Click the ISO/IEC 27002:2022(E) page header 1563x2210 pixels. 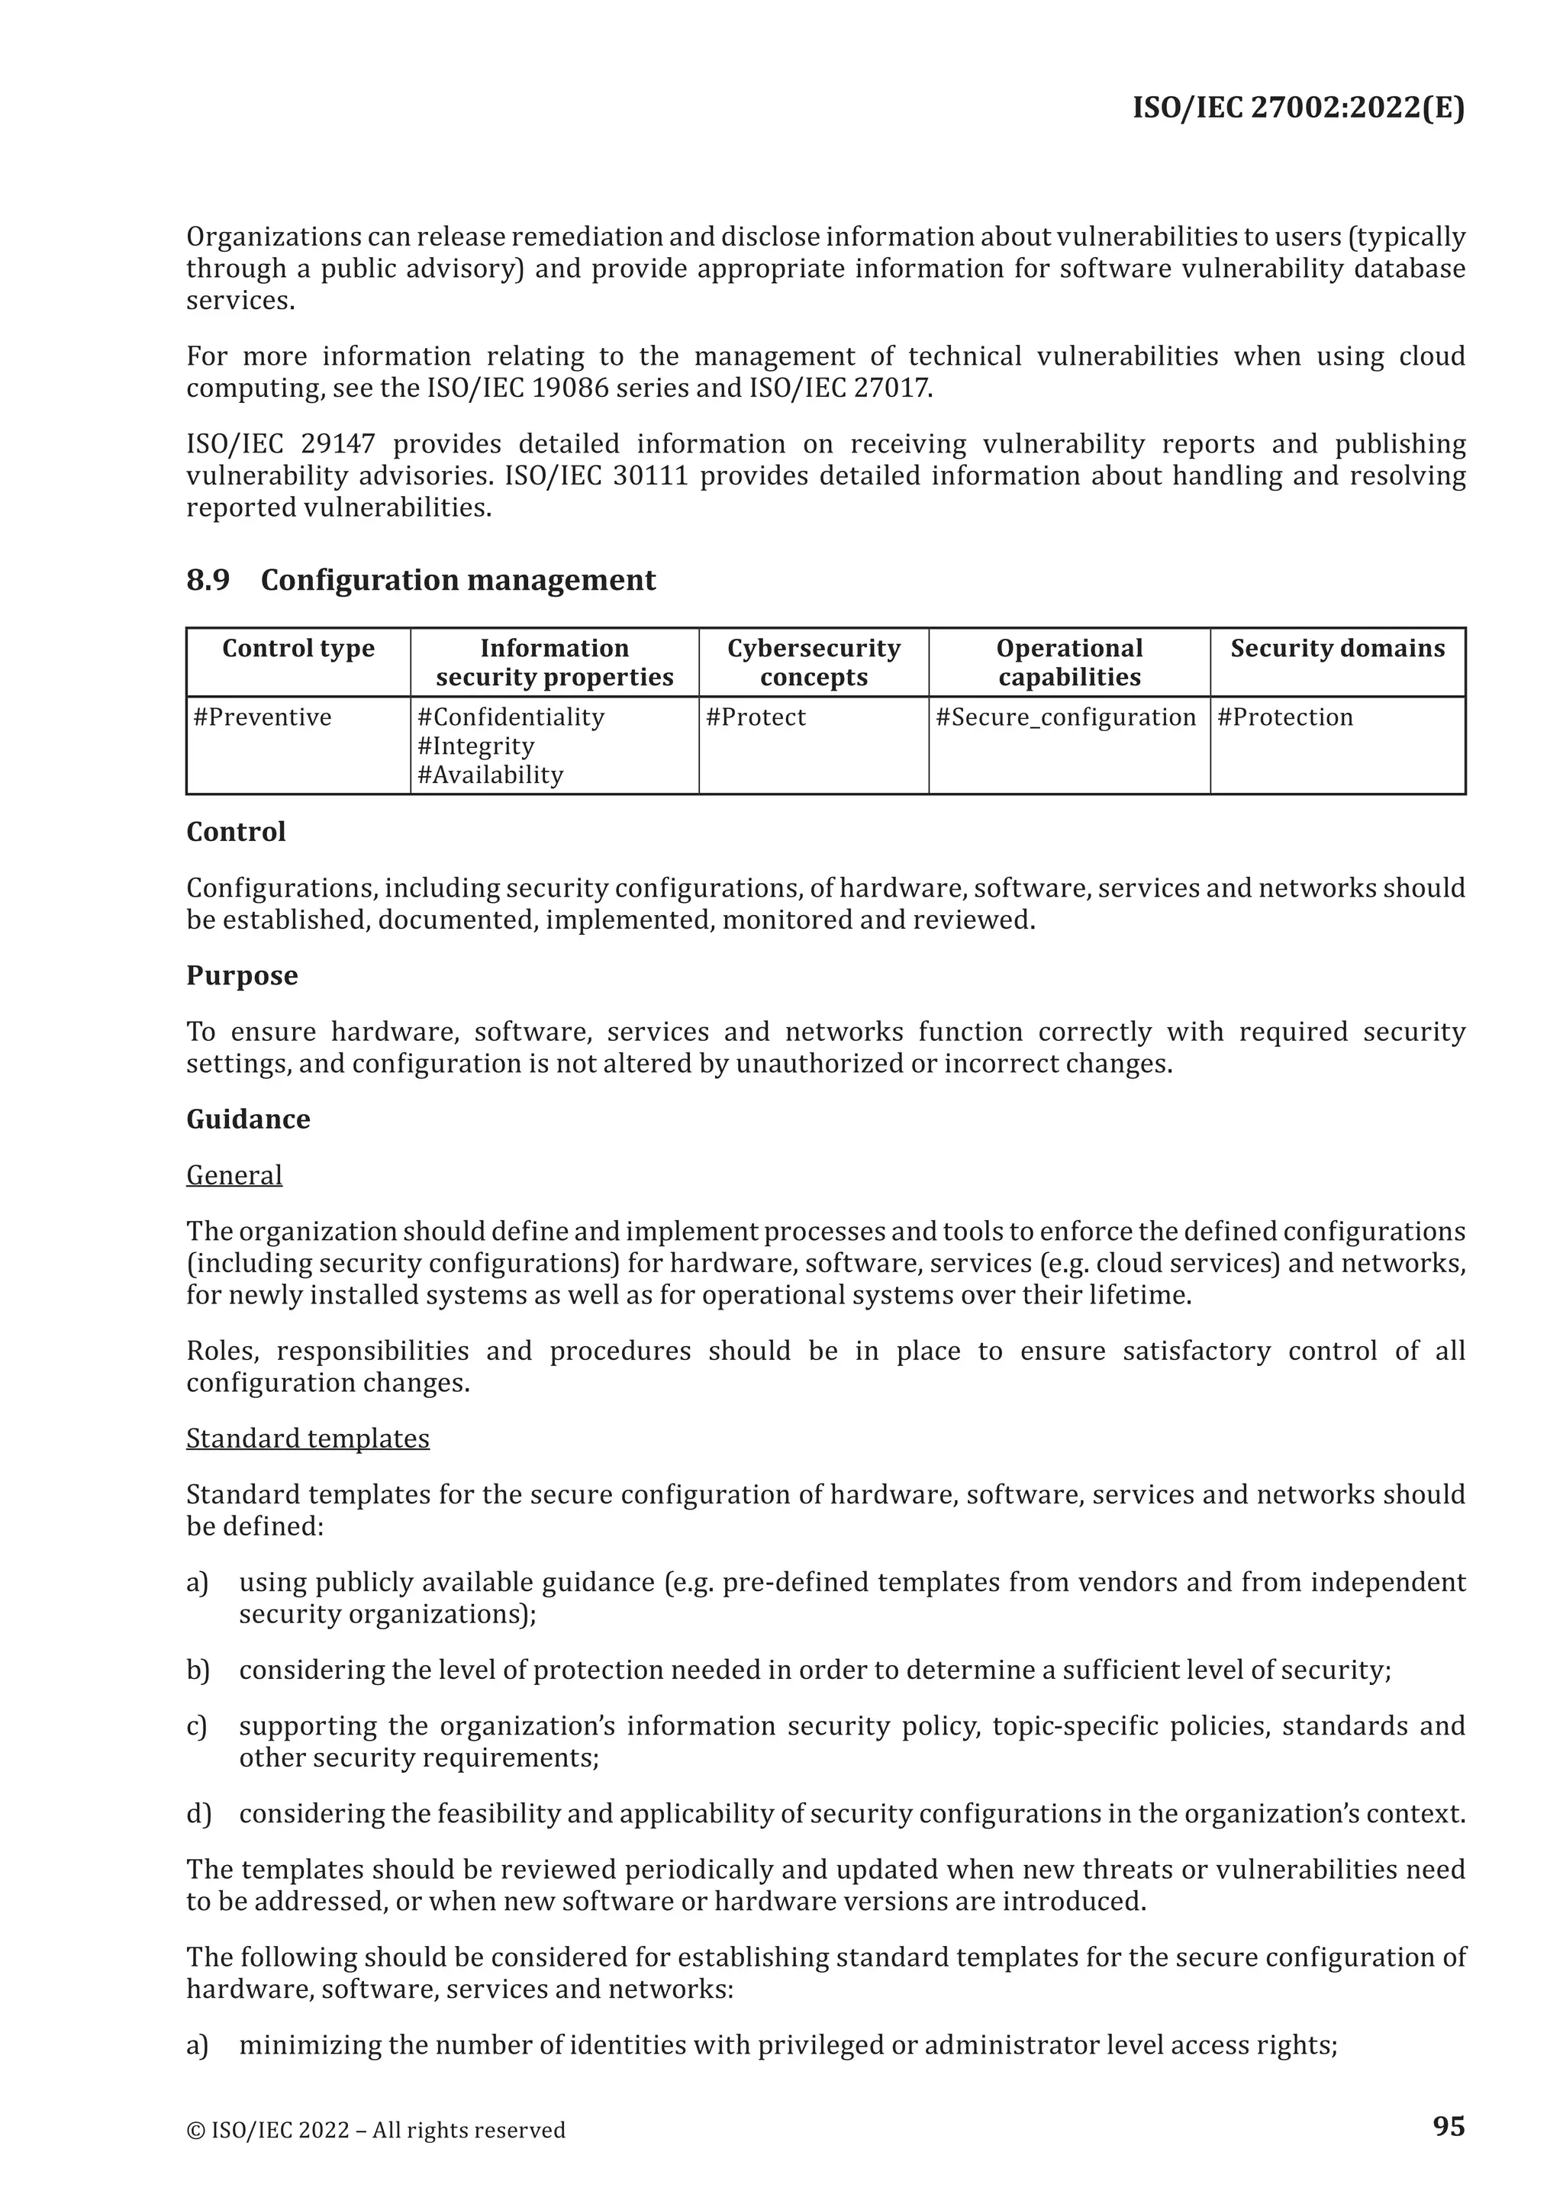pos(1297,107)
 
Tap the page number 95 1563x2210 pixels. pos(1448,2125)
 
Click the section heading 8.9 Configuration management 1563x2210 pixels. pos(421,581)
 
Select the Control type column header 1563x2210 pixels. pos(298,649)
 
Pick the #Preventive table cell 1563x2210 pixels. pos(263,717)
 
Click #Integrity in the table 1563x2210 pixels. pos(475,746)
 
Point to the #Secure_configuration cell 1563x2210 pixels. pos(1065,717)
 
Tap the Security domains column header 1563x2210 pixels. pos(1337,649)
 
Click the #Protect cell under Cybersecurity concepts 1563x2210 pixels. pos(756,717)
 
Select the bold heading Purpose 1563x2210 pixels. pos(242,975)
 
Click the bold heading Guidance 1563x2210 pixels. pos(248,1119)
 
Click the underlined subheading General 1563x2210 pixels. pos(234,1175)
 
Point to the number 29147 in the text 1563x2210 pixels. pos(337,445)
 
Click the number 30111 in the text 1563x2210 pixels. pos(649,476)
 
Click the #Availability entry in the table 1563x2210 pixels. pos(490,775)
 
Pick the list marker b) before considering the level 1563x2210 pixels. pos(198,1670)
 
